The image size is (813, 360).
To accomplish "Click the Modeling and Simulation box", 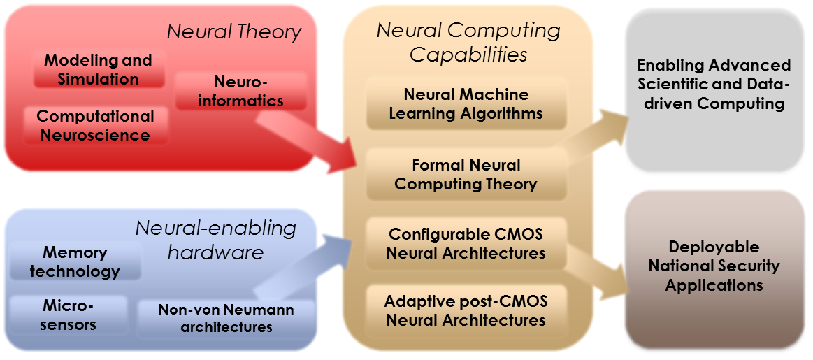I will tap(98, 69).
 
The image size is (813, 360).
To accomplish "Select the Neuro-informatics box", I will tap(240, 92).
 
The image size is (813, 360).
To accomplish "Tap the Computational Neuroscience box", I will tap(95, 125).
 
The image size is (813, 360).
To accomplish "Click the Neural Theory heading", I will tap(233, 31).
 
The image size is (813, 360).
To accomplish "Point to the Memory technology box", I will tap(75, 261).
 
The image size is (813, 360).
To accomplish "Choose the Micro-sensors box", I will tap(69, 315).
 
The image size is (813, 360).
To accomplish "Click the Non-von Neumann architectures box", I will tap(226, 318).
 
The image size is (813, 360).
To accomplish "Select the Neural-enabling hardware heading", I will tap(215, 239).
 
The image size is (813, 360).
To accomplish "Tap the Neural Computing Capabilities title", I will tap(468, 42).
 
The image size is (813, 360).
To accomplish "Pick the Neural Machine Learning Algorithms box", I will tap(466, 103).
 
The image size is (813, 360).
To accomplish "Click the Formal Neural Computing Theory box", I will tap(466, 175).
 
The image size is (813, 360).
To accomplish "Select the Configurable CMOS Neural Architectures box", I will tap(466, 243).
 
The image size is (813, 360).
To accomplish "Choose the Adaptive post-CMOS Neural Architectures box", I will tap(466, 311).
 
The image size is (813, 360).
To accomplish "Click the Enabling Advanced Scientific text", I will tap(714, 84).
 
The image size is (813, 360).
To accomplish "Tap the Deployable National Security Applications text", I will tap(714, 266).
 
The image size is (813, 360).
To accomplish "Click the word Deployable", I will tap(714, 247).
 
